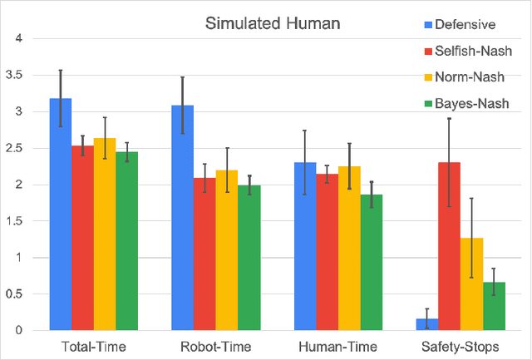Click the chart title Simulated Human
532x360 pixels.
pyautogui.click(x=273, y=22)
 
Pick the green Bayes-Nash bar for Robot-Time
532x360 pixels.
pyautogui.click(x=249, y=258)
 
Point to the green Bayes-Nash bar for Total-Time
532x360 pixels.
pyautogui.click(x=126, y=241)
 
